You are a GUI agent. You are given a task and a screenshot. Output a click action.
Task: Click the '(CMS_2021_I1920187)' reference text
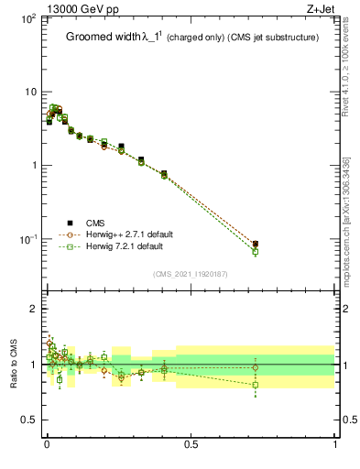coord(190,273)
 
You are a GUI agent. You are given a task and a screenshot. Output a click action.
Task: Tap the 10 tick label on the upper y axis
coord(29,92)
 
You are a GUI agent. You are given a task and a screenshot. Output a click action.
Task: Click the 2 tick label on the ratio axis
coord(34,309)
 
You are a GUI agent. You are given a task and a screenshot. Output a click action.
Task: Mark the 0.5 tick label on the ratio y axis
coord(30,420)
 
